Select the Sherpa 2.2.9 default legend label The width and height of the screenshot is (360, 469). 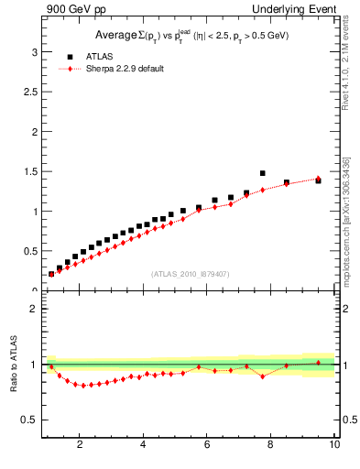(124, 69)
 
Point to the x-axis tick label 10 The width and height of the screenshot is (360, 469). (334, 446)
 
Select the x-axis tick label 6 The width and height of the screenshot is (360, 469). (207, 446)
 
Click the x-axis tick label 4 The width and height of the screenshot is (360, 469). (143, 446)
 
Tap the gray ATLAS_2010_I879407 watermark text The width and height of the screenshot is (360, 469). (190, 273)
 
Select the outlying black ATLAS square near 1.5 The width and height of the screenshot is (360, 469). (262, 173)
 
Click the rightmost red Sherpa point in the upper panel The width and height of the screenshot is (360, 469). (318, 179)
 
